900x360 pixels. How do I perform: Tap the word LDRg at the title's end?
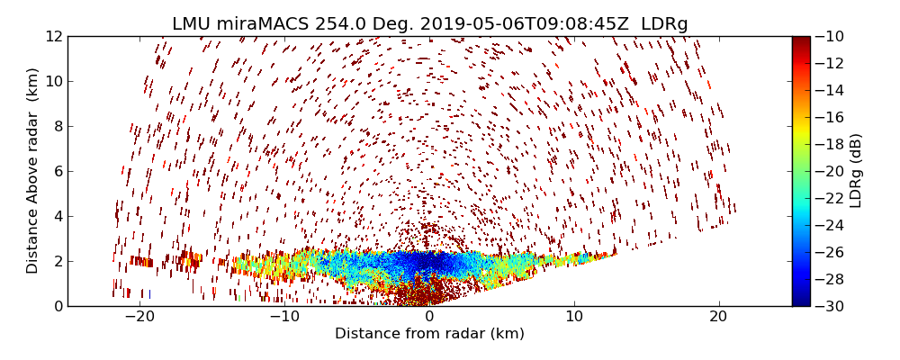pos(664,24)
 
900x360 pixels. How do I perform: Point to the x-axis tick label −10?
pos(283,317)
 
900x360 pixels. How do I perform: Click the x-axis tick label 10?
pos(574,317)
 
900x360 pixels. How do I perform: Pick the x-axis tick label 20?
pos(718,317)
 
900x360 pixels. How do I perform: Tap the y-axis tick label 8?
pos(58,126)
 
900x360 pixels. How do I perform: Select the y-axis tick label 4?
pos(58,216)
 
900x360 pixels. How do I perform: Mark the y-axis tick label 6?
pos(58,171)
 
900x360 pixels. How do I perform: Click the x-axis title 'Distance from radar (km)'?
pos(429,334)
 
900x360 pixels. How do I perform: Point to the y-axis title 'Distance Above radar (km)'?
pos(33,170)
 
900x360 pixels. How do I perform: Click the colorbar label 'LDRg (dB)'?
pos(856,170)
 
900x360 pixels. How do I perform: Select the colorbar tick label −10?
pos(829,36)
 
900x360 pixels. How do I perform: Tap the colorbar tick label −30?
pos(829,306)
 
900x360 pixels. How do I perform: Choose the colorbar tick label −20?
pos(829,171)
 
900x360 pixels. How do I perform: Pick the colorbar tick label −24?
pos(829,225)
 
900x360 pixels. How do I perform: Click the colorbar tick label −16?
pos(829,117)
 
